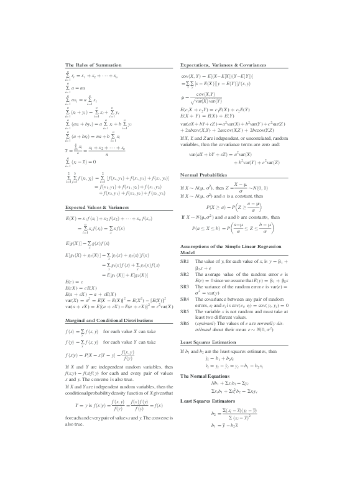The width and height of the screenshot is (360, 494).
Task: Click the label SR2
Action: pyautogui.click(x=185, y=274)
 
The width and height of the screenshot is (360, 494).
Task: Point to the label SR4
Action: pyautogui.click(x=185, y=298)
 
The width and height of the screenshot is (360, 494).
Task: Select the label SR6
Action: pyautogui.click(x=185, y=323)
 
